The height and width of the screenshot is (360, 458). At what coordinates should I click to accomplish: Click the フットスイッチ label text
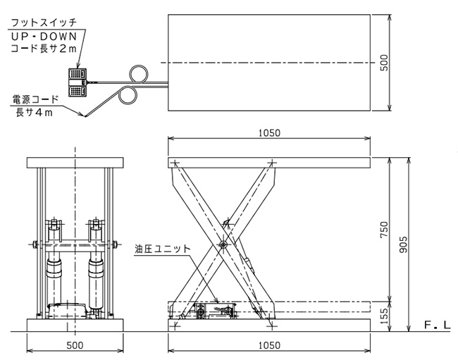point(44,22)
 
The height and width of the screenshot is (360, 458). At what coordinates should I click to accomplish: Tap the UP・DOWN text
point(44,37)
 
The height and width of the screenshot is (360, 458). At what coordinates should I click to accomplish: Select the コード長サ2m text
point(44,49)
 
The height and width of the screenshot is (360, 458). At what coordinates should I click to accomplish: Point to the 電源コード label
point(35,99)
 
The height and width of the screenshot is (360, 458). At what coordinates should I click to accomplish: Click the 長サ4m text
point(35,112)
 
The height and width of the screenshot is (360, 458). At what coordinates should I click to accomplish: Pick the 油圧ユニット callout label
point(162,249)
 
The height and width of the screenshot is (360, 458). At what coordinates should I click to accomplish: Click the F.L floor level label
point(438,325)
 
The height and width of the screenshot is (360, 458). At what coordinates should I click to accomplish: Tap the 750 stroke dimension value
point(385,230)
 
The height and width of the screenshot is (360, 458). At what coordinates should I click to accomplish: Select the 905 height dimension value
point(403,244)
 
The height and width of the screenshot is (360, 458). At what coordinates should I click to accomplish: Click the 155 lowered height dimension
point(385,316)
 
